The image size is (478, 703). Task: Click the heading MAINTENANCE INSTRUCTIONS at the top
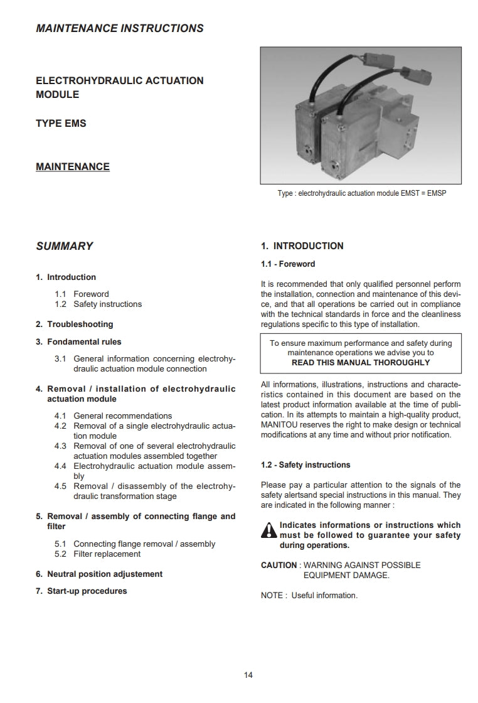coord(120,28)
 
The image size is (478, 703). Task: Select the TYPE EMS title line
coord(61,123)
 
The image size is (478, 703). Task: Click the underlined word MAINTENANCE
coord(73,166)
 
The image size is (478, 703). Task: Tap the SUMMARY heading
coord(65,246)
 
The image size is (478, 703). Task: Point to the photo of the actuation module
coord(361,116)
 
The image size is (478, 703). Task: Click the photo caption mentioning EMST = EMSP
coord(361,193)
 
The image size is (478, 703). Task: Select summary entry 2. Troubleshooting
coord(75,324)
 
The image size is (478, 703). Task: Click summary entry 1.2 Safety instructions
coord(98,304)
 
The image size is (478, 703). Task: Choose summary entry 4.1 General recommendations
coord(113,416)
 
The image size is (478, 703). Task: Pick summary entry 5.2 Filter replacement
coord(98,554)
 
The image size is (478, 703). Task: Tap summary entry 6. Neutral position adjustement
coord(99,574)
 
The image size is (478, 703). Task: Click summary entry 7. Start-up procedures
coord(82,591)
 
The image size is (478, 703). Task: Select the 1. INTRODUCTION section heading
coord(302,246)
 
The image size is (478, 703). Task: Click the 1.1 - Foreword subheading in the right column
coord(288,264)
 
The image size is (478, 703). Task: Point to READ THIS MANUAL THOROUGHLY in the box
coord(361,363)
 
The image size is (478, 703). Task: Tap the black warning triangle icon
coord(268,531)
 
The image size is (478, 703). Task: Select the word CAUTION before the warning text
coord(278,565)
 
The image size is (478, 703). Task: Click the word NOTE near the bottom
coord(272,595)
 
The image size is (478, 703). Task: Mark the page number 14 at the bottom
coord(248,675)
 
